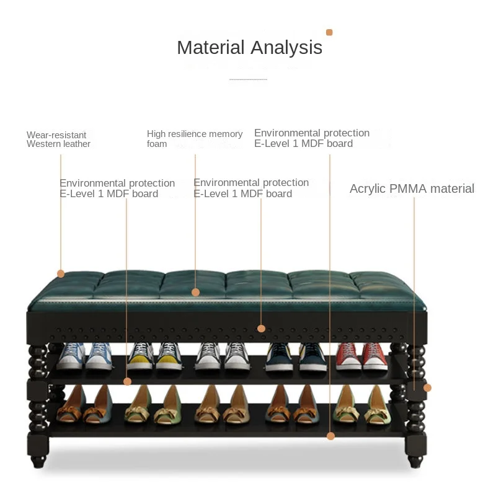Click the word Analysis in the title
click(286, 48)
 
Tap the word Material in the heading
click(211, 48)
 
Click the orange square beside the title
click(329, 32)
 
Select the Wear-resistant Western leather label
click(58, 139)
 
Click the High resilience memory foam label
click(194, 139)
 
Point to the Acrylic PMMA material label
click(412, 189)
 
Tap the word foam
click(157, 144)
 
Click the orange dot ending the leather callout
click(61, 273)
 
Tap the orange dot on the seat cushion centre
click(195, 292)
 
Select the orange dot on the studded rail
click(261, 328)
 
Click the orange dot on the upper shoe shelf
click(127, 381)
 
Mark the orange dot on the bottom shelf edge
click(330, 436)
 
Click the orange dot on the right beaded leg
click(427, 387)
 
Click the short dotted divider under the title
click(248, 80)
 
